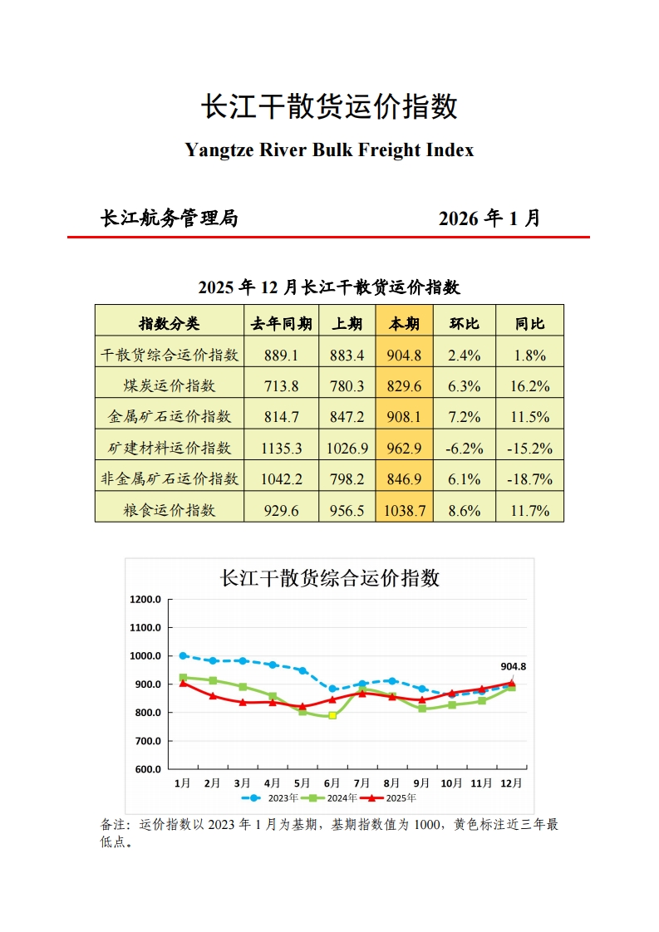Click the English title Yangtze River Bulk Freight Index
tap(329, 150)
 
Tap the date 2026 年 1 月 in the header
tap(489, 218)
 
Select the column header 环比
tap(464, 324)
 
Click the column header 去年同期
tap(281, 324)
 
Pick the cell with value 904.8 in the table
tap(404, 356)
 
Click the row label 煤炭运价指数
tap(169, 386)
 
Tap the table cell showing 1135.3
tap(281, 449)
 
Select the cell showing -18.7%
tap(529, 479)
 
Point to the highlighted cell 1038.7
tap(404, 511)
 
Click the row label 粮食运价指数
tap(169, 511)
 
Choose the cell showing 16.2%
tap(529, 386)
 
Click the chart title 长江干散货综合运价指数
tap(329, 578)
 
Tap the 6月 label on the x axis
tap(332, 783)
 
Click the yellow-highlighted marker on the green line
tap(332, 715)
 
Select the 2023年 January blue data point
tap(183, 656)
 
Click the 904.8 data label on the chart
tap(513, 666)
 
